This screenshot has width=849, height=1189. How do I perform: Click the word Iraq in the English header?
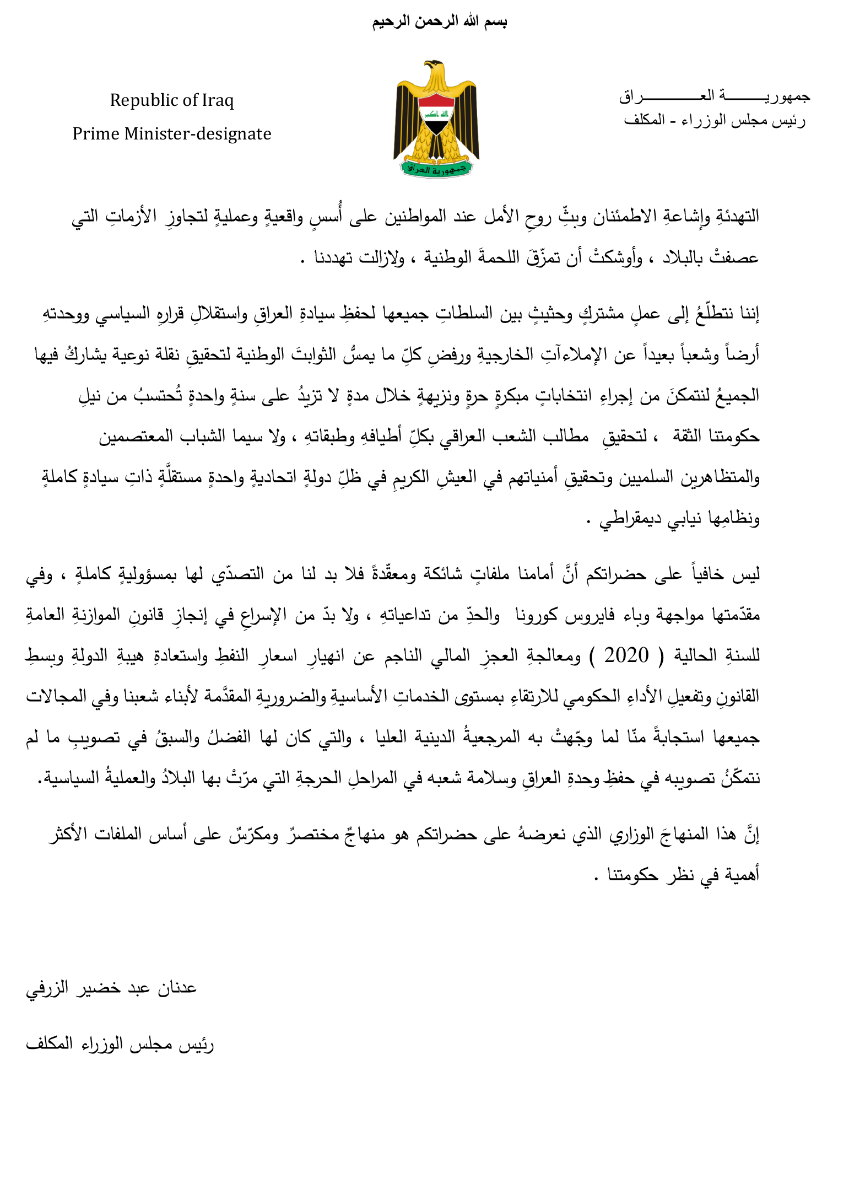[217, 100]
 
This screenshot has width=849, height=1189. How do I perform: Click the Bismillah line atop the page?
[439, 22]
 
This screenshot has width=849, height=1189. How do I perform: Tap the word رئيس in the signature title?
[196, 1044]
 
